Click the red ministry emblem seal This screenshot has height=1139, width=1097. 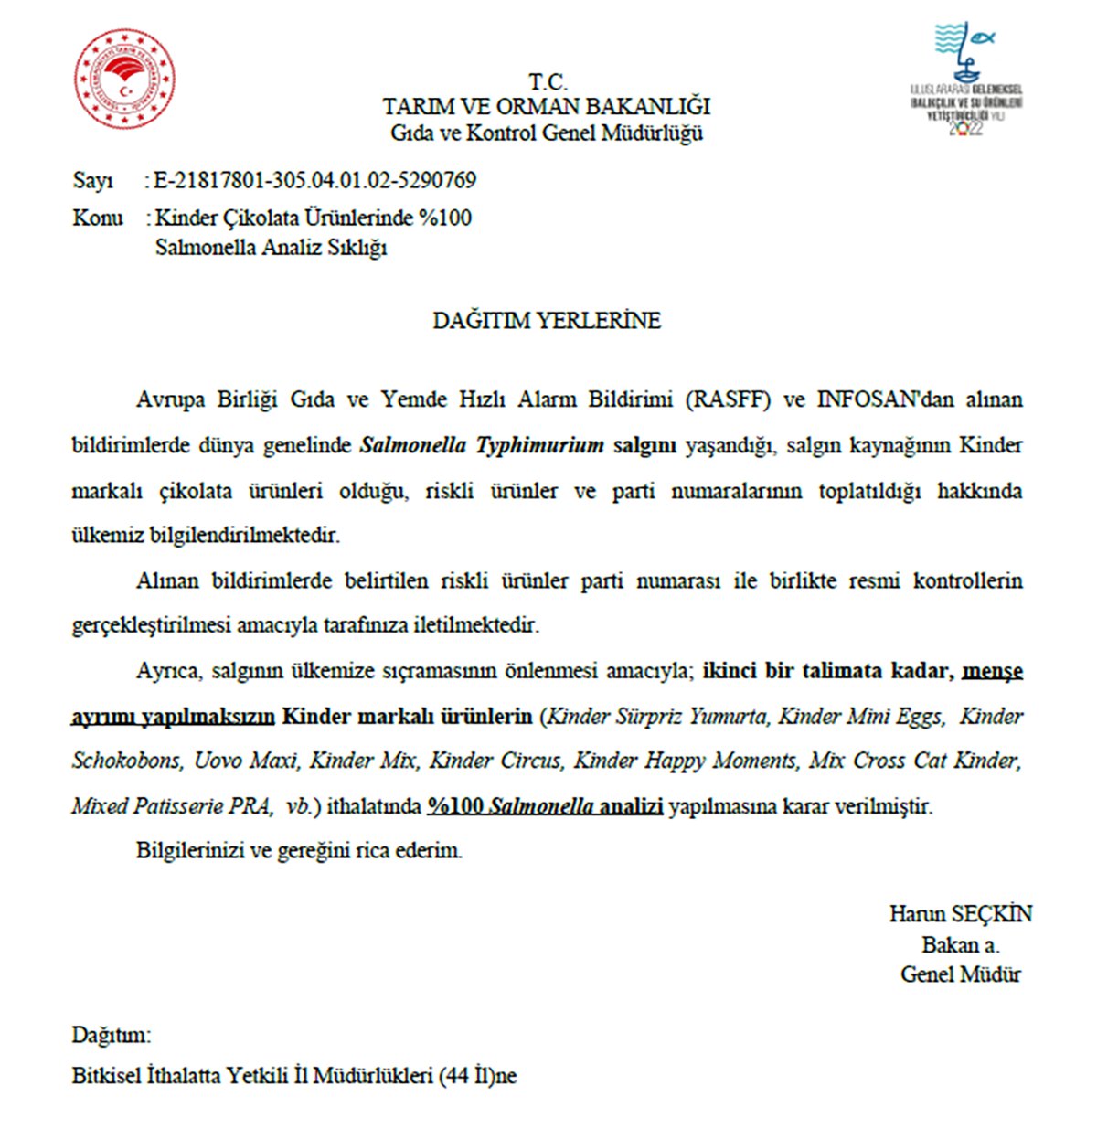click(124, 79)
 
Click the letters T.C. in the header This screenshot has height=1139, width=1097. click(547, 81)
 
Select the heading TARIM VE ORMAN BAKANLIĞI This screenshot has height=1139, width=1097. click(547, 107)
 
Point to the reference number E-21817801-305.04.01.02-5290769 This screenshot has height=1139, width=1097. click(315, 180)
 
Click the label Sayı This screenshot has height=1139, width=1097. click(92, 181)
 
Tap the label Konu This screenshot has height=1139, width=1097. click(97, 218)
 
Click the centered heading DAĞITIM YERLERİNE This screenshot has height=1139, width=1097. click(547, 321)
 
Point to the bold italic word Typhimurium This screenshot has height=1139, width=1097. click(539, 445)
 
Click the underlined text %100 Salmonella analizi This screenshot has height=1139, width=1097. click(545, 806)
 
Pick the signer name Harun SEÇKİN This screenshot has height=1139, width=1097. click(960, 914)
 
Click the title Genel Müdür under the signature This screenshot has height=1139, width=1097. click(960, 974)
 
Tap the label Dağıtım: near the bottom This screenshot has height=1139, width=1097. click(112, 1036)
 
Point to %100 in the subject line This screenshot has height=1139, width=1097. click(444, 218)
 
